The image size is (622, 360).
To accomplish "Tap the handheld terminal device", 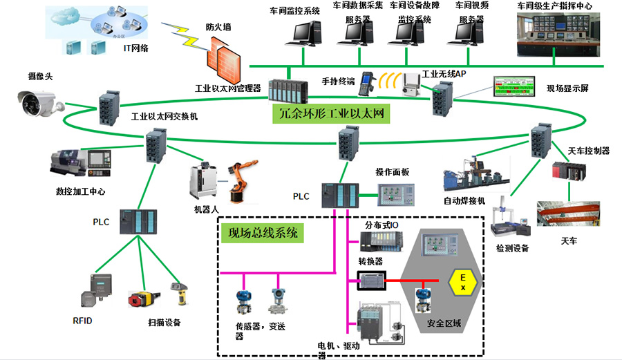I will click(x=368, y=80).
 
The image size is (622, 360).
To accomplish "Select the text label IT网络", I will click(x=137, y=48).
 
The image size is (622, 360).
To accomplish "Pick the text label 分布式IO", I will click(x=381, y=225).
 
